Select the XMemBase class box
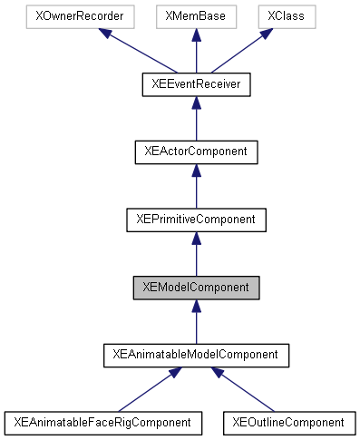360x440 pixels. tap(196, 17)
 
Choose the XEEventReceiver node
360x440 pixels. tap(196, 84)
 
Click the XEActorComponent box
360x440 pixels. tap(196, 152)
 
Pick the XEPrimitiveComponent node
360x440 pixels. tap(196, 219)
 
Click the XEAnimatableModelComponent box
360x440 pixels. tap(196, 354)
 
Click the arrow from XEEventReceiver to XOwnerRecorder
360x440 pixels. tap(136, 51)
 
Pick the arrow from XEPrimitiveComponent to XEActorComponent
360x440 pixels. tap(196, 187)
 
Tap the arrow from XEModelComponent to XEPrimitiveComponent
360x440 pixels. tap(196, 254)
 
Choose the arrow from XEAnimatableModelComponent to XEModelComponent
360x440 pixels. tap(196, 322)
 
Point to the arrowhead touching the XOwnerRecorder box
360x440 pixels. tap(106, 34)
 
